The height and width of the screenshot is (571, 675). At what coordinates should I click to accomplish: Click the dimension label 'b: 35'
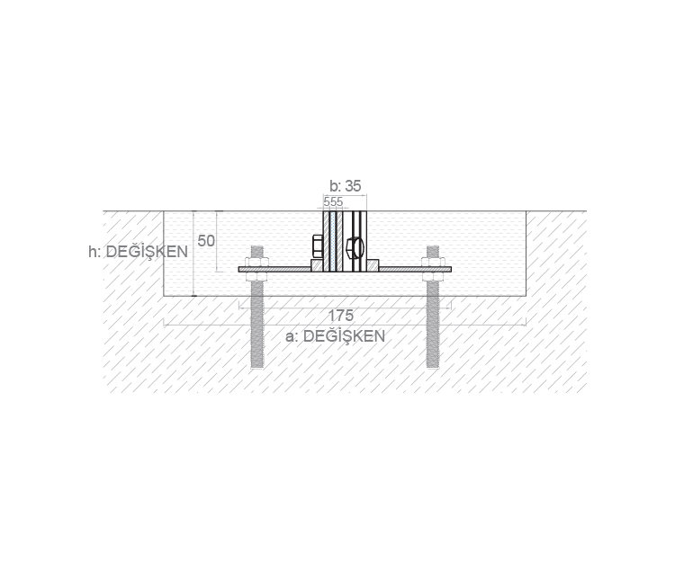[346, 186]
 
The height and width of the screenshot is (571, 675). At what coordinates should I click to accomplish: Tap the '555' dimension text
[333, 201]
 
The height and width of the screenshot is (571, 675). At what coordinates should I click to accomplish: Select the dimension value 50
[206, 241]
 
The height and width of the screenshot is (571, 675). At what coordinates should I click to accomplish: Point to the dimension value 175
[341, 316]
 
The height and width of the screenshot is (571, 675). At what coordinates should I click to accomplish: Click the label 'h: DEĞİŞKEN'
[139, 252]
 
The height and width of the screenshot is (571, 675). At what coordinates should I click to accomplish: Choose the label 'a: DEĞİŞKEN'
[336, 335]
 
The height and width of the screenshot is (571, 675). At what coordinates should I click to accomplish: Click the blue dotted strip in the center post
[333, 242]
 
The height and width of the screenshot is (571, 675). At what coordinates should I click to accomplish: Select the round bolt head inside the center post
[355, 248]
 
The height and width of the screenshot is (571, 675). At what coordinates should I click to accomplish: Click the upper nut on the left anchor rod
[257, 263]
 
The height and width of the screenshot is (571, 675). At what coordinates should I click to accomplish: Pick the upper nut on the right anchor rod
[433, 263]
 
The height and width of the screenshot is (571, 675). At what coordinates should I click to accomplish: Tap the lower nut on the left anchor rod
[257, 277]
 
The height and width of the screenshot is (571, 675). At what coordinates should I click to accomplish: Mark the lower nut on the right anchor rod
[433, 277]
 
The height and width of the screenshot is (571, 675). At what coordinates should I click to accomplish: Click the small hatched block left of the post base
[317, 266]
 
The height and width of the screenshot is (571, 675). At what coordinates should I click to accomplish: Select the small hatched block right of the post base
[373, 266]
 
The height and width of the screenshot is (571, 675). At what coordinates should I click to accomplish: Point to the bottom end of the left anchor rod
[257, 367]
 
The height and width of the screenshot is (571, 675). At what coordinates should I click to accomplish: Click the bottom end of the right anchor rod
[433, 367]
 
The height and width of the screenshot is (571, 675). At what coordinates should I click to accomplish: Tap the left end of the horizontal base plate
[239, 270]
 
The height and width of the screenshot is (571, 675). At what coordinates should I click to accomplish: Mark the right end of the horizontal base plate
[451, 270]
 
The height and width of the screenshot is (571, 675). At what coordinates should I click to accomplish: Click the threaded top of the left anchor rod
[257, 252]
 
